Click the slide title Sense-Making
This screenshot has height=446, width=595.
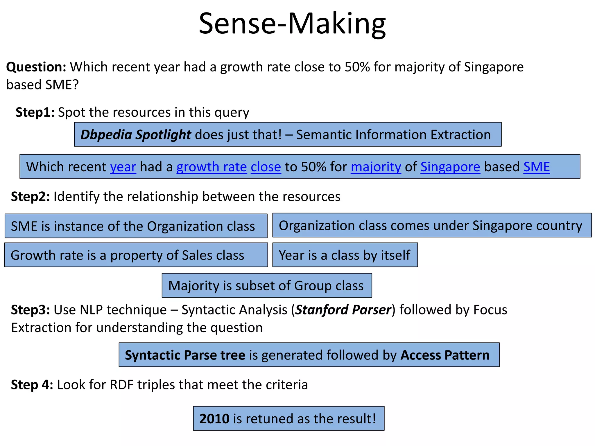[292, 24]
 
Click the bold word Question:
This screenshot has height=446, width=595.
[36, 67]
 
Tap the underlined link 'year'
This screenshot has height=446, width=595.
[123, 167]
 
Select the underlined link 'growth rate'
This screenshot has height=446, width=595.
[212, 167]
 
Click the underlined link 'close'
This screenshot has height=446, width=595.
[266, 167]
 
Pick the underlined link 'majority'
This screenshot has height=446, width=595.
[376, 167]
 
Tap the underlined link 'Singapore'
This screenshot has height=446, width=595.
[450, 167]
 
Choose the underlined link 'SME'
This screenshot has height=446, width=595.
[537, 167]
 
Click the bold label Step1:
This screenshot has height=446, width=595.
[35, 112]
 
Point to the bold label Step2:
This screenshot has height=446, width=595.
[31, 197]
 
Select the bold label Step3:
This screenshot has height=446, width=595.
[31, 310]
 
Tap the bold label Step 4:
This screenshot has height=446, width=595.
[32, 385]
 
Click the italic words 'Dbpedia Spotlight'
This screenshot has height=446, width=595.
[136, 135]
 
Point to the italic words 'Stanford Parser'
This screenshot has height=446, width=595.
[343, 310]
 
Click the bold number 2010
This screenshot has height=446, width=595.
[214, 419]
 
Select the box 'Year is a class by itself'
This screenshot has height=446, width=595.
[345, 255]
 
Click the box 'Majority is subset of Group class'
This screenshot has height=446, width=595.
[266, 286]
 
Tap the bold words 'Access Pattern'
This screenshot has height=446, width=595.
[445, 355]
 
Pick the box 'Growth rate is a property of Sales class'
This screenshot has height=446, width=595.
[136, 255]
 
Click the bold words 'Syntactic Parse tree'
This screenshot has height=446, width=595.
[185, 355]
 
